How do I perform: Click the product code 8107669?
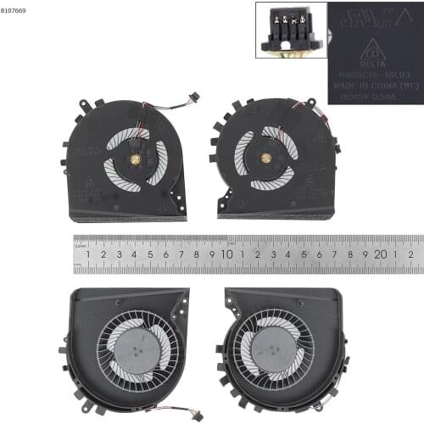click(14, 11)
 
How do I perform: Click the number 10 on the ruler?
click(227, 254)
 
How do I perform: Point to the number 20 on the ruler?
click(381, 254)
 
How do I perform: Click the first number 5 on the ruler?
click(150, 254)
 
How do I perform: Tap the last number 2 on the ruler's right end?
click(410, 254)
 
